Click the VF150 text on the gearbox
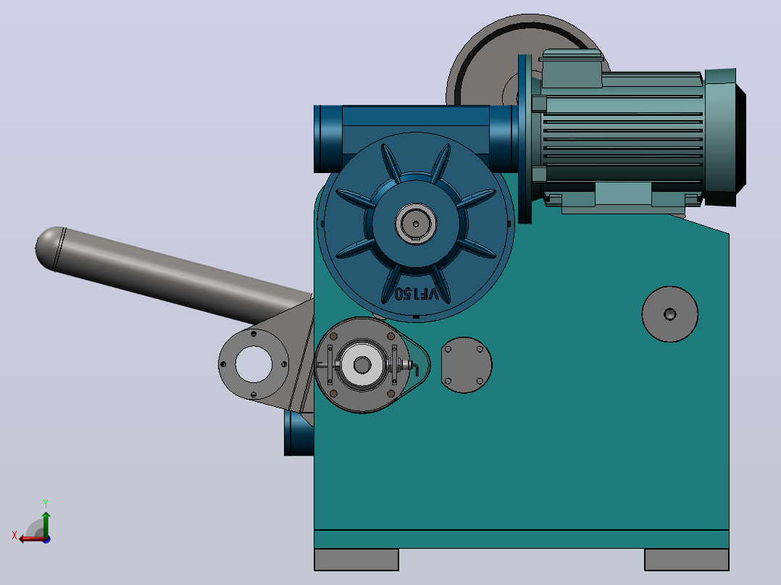pos(417,294)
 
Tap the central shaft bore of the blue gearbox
pos(416,224)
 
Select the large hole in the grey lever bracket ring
pos(254,364)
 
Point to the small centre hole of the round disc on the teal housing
pos(670,314)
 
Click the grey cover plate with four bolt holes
pos(467,365)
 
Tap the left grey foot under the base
pos(356,560)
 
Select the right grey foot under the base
pos(686,560)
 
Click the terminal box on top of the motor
pos(572,69)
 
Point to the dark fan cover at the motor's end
pos(725,138)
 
